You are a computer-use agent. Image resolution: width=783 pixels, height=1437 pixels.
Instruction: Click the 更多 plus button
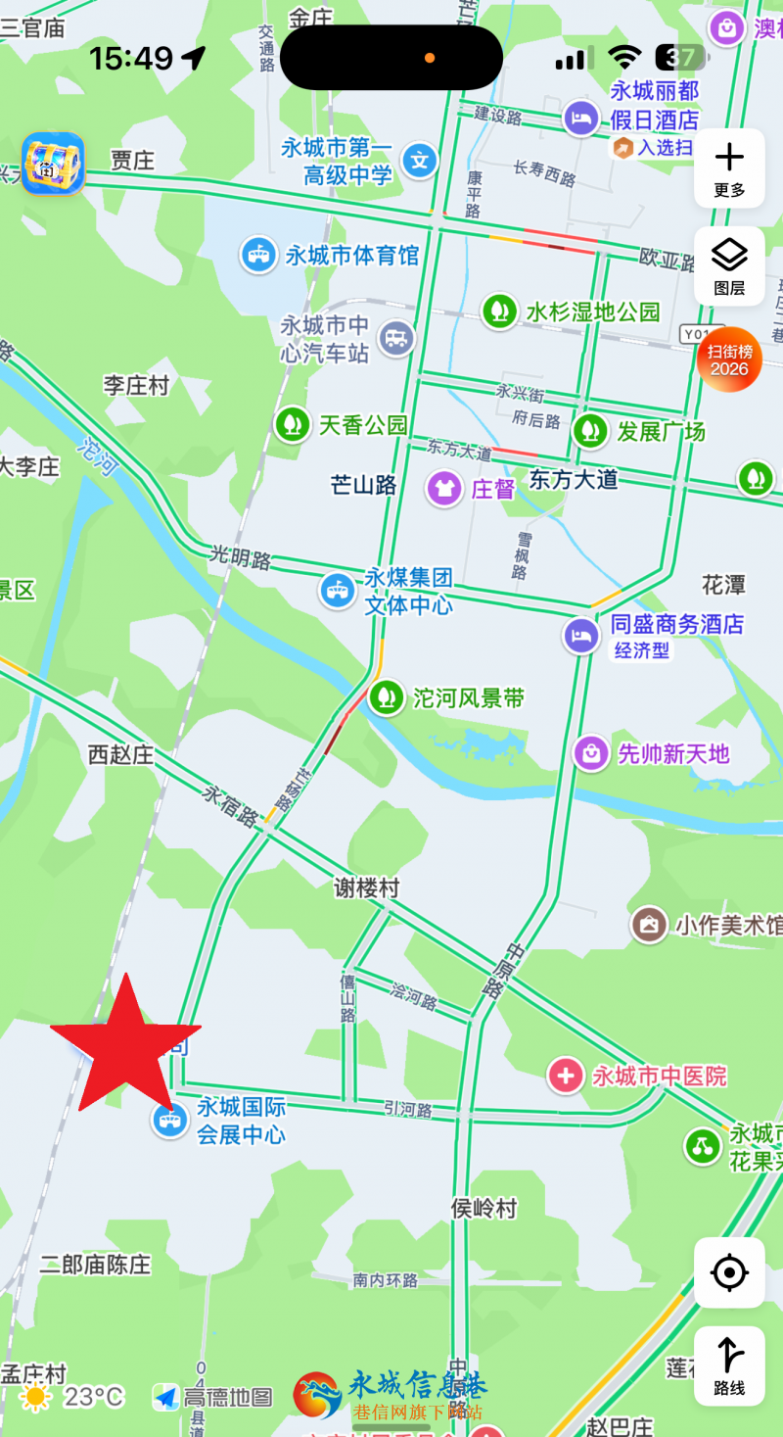729,168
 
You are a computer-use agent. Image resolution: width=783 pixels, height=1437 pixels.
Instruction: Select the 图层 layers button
729,265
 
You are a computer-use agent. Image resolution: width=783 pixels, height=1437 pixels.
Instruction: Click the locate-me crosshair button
729,1272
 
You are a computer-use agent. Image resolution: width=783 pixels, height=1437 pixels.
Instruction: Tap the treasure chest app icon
53,164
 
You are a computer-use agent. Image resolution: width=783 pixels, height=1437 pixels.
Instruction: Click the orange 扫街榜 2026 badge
729,359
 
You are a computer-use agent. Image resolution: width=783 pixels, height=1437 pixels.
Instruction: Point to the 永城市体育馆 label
352,256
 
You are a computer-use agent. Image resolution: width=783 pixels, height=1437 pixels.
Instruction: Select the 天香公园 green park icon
291,424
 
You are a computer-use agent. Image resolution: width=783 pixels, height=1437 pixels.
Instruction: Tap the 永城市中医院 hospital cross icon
566,1076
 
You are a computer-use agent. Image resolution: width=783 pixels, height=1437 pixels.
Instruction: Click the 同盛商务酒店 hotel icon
581,636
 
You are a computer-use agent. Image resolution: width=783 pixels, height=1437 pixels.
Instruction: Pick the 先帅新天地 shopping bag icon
591,753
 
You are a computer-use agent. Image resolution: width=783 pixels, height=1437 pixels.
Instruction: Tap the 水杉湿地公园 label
593,311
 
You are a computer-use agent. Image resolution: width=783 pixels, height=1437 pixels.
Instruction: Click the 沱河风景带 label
469,698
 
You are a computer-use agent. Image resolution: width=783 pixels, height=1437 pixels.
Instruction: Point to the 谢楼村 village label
367,887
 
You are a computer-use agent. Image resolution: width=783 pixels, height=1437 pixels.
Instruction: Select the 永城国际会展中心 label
242,1121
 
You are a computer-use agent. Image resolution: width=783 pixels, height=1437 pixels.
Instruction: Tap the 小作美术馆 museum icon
649,924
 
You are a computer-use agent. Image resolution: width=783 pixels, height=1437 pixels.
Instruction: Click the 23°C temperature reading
94,1397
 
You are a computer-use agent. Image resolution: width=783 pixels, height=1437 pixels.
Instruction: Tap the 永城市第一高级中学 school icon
420,160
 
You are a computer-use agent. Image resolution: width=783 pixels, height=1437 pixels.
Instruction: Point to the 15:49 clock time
131,59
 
